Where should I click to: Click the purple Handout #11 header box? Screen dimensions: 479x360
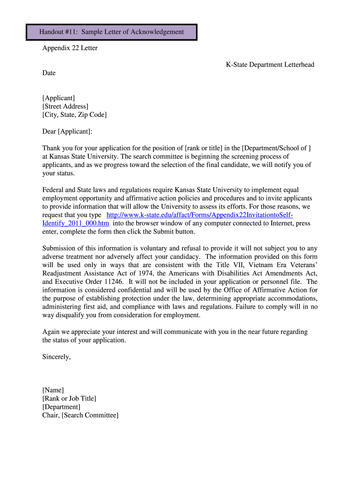(111, 32)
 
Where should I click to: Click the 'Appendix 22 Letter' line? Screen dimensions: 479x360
(70, 48)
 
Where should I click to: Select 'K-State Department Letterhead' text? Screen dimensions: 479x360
(267, 65)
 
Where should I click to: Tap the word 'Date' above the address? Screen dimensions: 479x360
(49, 73)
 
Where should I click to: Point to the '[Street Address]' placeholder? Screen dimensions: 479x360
(65, 106)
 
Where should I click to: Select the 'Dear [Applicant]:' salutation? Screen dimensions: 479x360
(67, 131)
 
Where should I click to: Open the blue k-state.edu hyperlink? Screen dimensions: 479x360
(200, 215)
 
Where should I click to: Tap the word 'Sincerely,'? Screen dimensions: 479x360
(57, 357)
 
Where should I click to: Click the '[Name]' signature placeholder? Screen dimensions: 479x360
(53, 390)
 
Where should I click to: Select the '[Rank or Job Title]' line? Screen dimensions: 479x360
(69, 399)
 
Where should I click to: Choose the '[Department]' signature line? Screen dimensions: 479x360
(61, 407)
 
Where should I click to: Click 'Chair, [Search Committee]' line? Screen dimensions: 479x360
(80, 415)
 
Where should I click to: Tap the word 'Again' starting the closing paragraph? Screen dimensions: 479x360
(51, 332)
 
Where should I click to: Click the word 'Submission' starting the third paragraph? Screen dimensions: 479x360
(59, 248)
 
